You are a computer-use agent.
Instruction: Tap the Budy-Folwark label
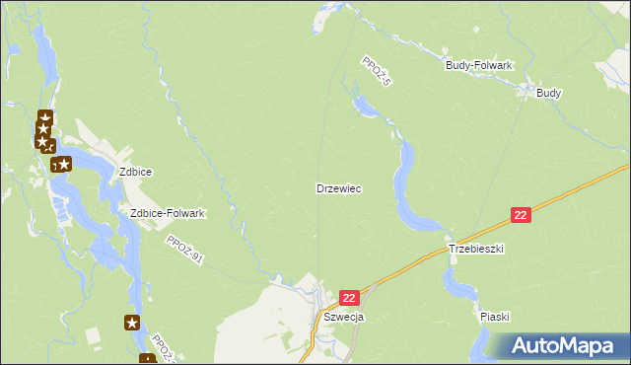tap(479, 65)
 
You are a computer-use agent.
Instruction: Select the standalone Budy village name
tap(549, 93)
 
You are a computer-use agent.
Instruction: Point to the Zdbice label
tap(135, 171)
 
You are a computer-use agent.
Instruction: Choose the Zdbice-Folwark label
tap(168, 213)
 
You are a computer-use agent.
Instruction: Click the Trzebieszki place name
tap(476, 250)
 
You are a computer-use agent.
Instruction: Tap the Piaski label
tap(495, 317)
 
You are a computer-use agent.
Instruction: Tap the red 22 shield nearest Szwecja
tap(349, 297)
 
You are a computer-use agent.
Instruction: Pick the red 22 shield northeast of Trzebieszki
tap(522, 215)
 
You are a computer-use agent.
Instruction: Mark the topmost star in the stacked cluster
tap(44, 117)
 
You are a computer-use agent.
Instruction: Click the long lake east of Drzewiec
tap(405, 187)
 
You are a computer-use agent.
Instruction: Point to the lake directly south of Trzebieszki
tap(456, 284)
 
